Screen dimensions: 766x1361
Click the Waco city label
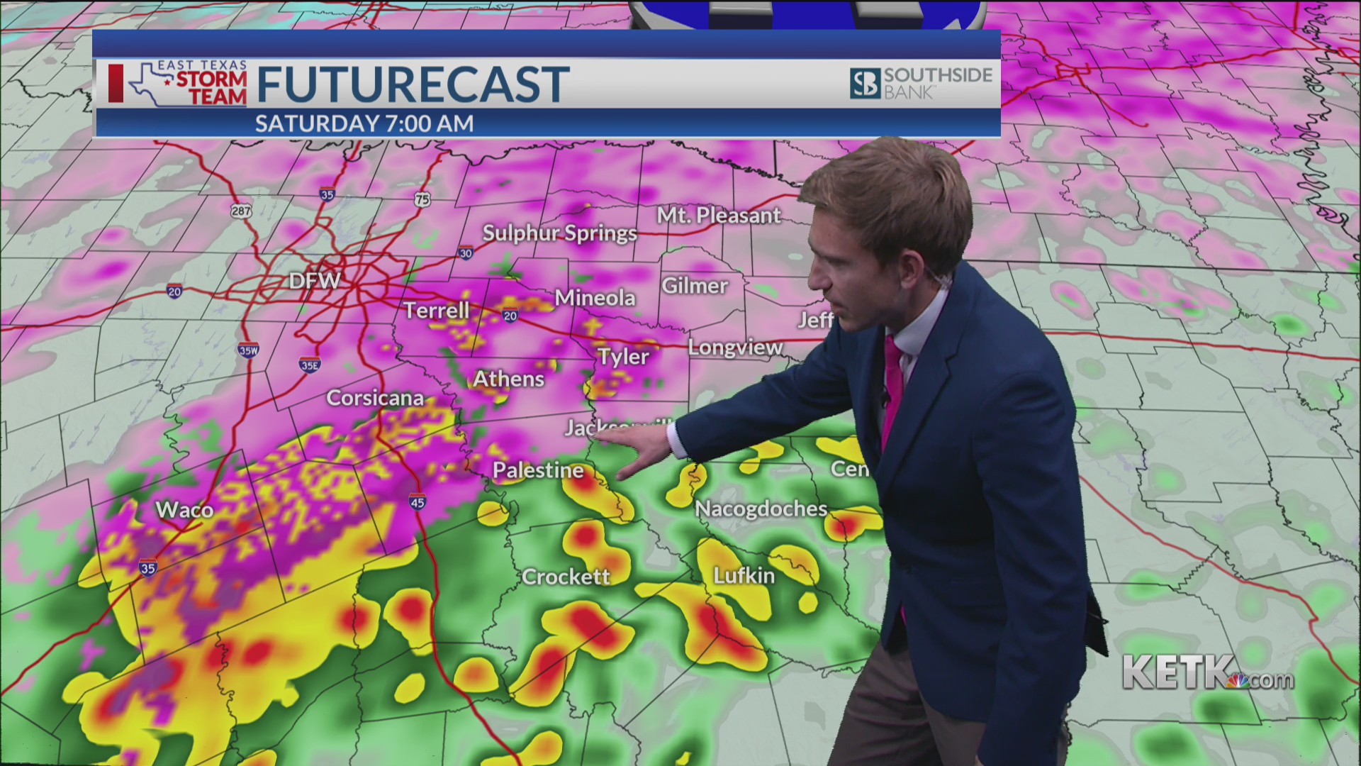tap(184, 510)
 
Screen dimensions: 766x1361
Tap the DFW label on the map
tap(315, 281)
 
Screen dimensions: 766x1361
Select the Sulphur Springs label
tap(559, 233)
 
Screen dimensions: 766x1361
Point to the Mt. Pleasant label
tap(718, 216)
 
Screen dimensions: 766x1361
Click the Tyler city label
tap(623, 357)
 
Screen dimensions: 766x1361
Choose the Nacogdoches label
tap(761, 509)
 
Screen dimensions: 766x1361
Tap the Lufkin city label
tap(744, 575)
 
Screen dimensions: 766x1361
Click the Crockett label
tap(566, 577)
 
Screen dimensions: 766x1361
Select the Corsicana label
tap(375, 398)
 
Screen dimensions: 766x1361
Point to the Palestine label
tap(538, 470)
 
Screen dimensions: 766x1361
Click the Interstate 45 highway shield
tap(417, 502)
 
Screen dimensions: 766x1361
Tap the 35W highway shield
tap(248, 350)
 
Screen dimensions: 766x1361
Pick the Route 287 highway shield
tap(241, 211)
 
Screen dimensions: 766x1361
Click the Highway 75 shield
tap(422, 200)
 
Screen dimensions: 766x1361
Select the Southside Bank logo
tap(921, 84)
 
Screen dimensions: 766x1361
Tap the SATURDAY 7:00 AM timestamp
tap(364, 123)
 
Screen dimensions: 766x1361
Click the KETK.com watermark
tap(1208, 672)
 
